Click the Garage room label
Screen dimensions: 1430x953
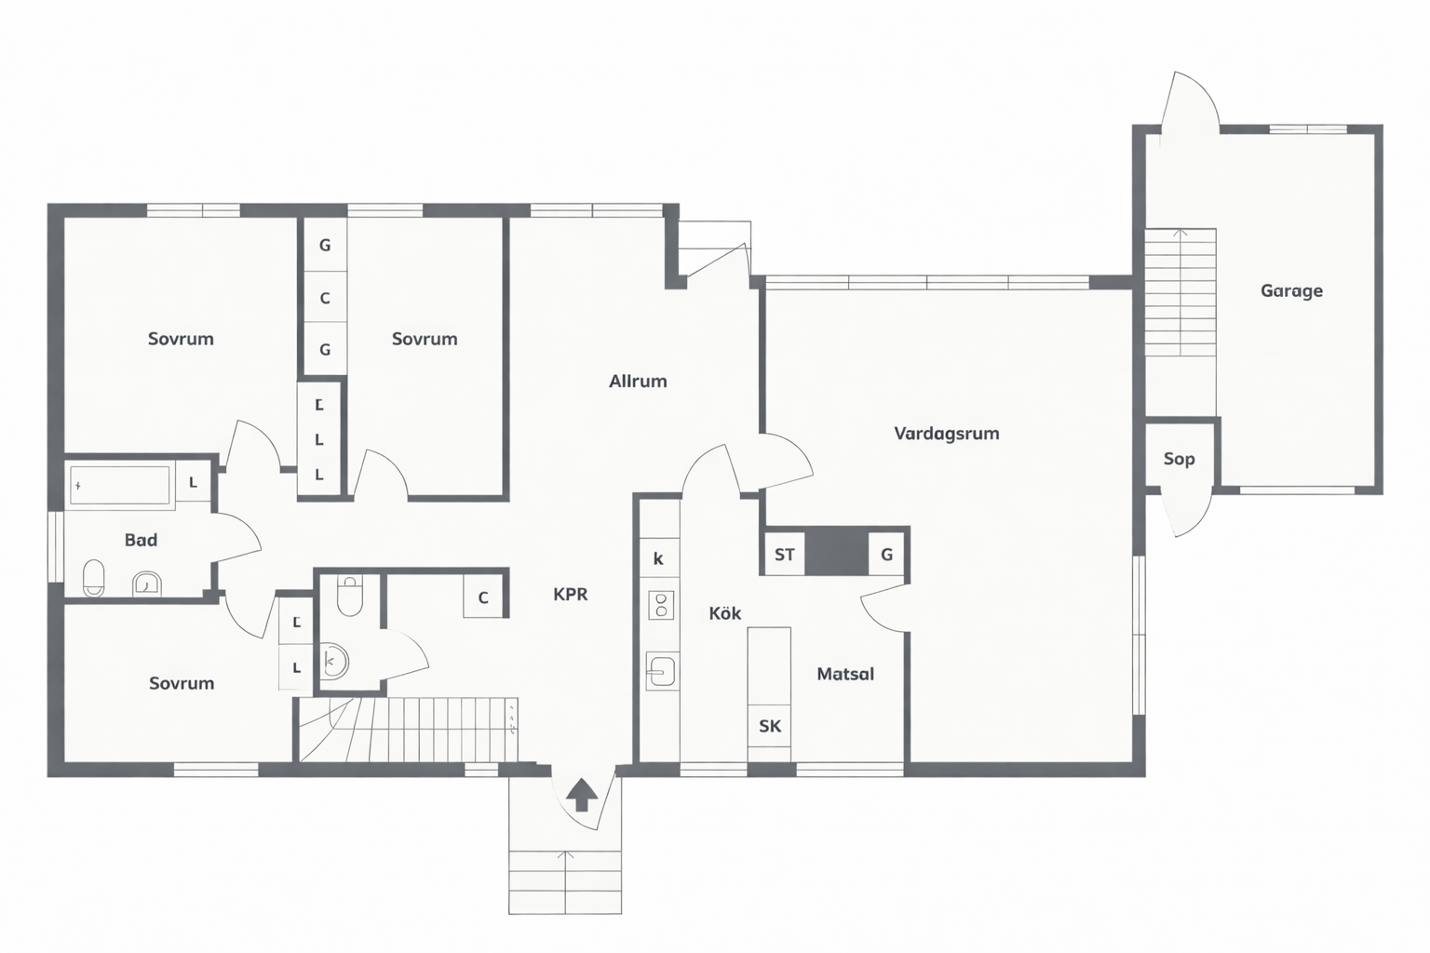click(1291, 291)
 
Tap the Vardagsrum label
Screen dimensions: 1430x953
click(947, 434)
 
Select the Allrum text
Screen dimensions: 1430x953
click(638, 381)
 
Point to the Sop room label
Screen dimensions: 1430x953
click(1180, 459)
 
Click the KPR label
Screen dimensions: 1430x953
click(570, 595)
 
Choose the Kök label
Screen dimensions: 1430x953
click(725, 613)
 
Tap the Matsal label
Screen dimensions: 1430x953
click(845, 674)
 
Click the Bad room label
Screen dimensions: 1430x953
click(141, 540)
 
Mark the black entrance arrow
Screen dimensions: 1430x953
click(582, 794)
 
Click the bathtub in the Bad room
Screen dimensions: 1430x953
click(120, 486)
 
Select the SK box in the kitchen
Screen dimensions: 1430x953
click(769, 726)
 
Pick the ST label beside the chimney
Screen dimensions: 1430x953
click(785, 555)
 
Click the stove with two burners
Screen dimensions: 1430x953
click(661, 605)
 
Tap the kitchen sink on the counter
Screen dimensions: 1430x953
click(662, 671)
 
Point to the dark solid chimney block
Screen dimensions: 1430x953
click(836, 553)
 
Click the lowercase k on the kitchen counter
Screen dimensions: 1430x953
click(658, 559)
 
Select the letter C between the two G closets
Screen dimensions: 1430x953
click(325, 298)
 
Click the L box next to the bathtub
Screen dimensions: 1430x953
click(193, 483)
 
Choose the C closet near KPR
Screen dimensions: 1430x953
click(483, 597)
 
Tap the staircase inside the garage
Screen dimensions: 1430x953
click(1180, 291)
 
